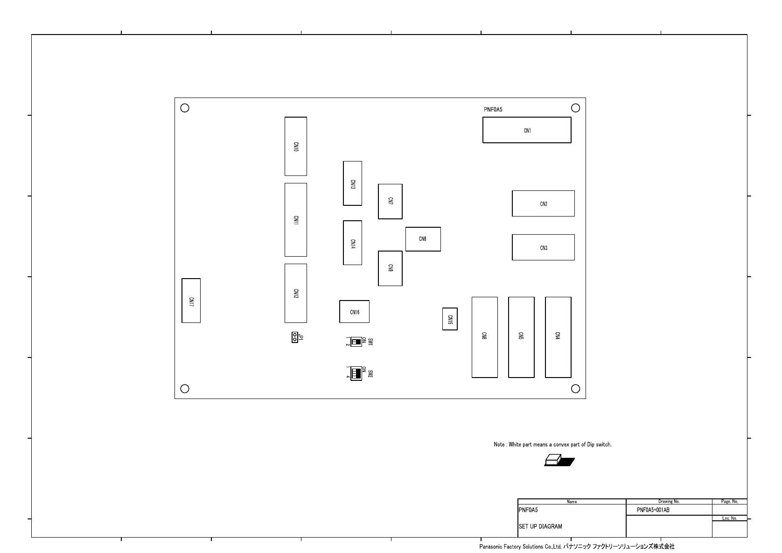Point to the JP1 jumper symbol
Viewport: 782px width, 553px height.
(295, 337)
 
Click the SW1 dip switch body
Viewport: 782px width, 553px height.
(356, 342)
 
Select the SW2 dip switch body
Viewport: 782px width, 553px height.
(356, 373)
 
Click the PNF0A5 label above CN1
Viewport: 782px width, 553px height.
(493, 110)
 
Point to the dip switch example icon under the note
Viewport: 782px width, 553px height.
(559, 460)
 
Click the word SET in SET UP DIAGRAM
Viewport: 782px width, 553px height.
(524, 526)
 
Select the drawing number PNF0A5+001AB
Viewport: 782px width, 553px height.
(653, 510)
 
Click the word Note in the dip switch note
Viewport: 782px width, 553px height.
(499, 444)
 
